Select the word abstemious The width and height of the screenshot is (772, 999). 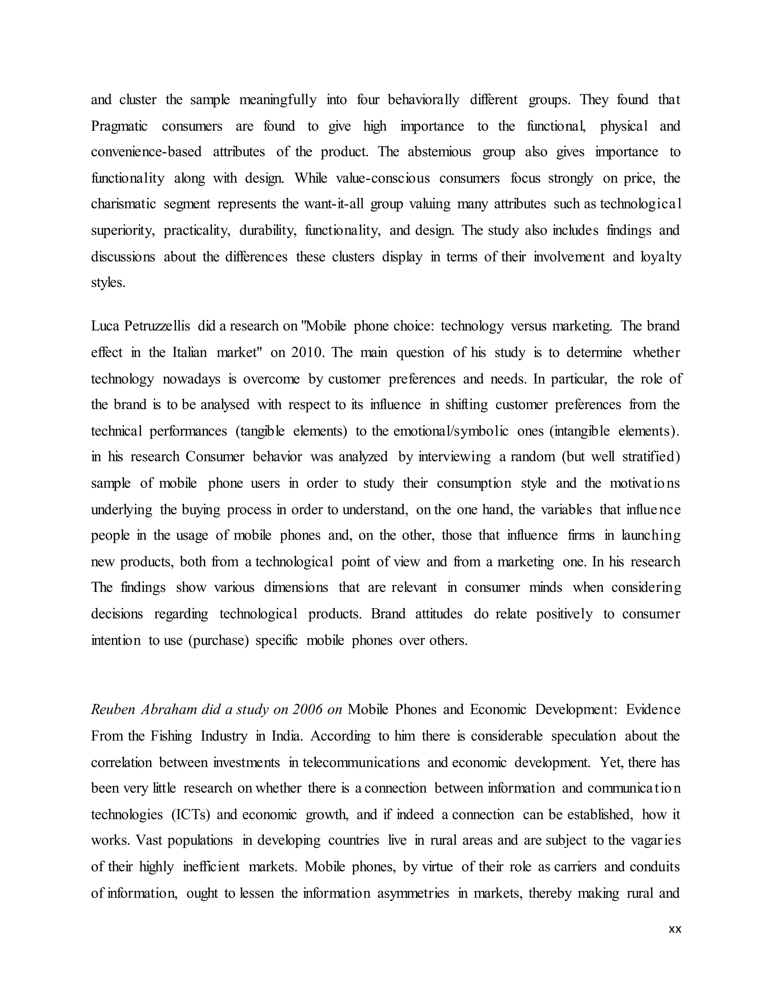(x=439, y=152)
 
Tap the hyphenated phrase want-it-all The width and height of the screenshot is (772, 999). (x=334, y=204)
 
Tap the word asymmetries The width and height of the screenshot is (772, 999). (x=413, y=893)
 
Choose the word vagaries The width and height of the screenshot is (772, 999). (x=656, y=840)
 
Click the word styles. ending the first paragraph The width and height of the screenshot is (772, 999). (x=108, y=283)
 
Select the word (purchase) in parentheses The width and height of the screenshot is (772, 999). (x=218, y=640)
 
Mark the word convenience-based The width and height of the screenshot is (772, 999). (x=146, y=152)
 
